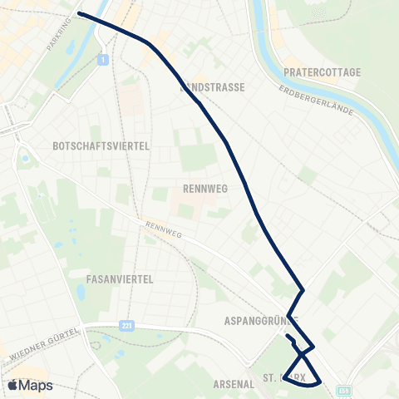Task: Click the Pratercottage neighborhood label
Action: pos(322,72)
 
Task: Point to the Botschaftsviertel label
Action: pos(101,145)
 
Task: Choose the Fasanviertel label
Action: pos(120,280)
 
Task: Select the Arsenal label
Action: pos(233,384)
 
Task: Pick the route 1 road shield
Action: pos(102,59)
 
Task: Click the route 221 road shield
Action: pos(126,326)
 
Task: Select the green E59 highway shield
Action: pos(345,389)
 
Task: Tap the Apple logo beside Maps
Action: pos(12,385)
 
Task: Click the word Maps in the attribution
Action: pos(37,385)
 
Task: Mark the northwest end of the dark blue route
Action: pos(80,13)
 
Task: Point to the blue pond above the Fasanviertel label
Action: pos(81,293)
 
